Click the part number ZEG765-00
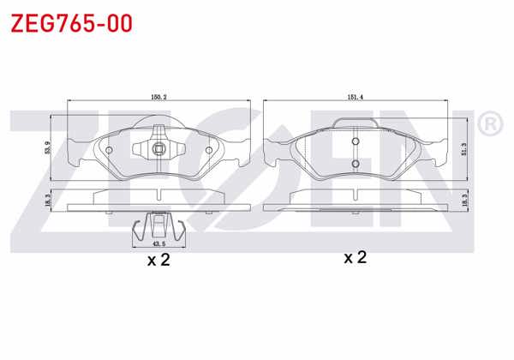click(x=71, y=23)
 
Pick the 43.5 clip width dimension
click(x=158, y=243)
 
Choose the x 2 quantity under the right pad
click(x=355, y=258)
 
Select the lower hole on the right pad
click(x=355, y=162)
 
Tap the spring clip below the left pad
click(x=158, y=227)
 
